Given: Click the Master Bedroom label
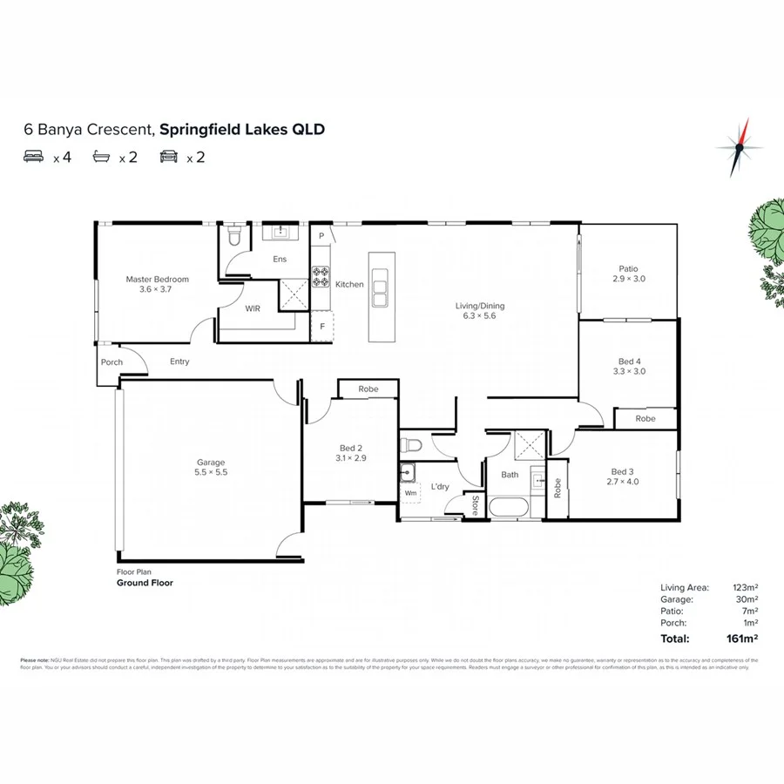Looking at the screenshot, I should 157,280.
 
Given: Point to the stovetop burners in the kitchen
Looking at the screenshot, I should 321,277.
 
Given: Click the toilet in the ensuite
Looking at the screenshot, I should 233,236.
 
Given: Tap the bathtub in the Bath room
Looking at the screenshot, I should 510,508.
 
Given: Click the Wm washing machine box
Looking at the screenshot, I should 410,493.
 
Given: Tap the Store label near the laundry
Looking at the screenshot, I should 475,505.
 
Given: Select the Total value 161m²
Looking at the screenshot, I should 742,639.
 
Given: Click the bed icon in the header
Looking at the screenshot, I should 35,158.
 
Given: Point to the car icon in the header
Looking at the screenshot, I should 169,158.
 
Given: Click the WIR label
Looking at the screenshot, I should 253,308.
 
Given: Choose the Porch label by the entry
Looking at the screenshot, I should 112,362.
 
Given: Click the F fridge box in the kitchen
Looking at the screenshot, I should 322,327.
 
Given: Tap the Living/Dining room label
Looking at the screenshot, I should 480,306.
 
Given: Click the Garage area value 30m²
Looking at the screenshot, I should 746,599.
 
